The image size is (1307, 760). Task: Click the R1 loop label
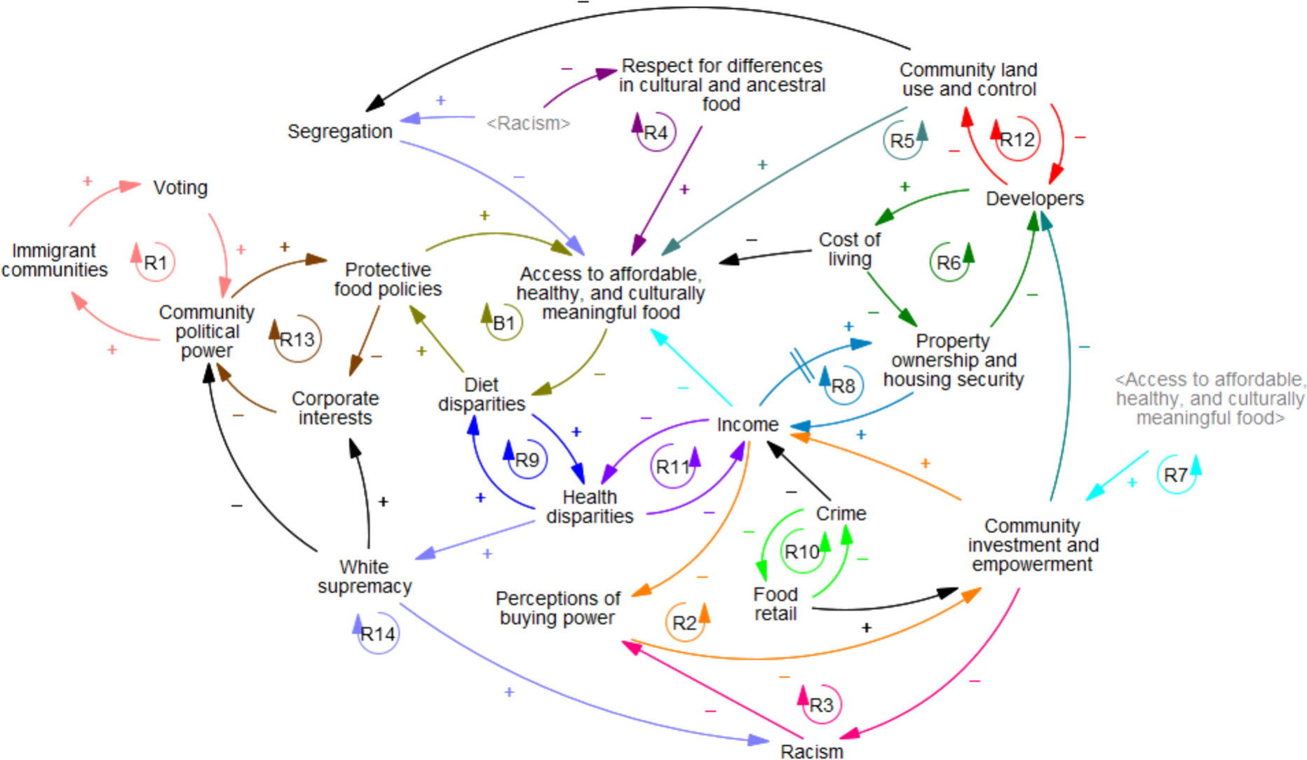[155, 263]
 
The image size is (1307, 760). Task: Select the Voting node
[180, 188]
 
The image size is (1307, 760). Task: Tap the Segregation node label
[339, 131]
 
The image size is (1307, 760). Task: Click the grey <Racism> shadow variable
[528, 123]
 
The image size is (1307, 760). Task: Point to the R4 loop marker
[656, 133]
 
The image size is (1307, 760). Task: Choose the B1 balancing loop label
[503, 323]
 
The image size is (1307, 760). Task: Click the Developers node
[1034, 198]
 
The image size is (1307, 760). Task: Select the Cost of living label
[849, 249]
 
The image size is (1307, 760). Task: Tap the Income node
[747, 424]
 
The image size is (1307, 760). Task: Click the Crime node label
[841, 513]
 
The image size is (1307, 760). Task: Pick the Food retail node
[775, 604]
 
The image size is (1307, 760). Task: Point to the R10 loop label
[801, 552]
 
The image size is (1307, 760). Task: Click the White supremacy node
[364, 576]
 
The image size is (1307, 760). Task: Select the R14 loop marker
[377, 635]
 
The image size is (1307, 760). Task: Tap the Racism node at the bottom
[811, 751]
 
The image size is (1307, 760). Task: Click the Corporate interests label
[335, 407]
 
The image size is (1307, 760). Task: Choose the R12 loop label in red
[1017, 140]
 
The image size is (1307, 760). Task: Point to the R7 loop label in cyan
[1175, 475]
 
